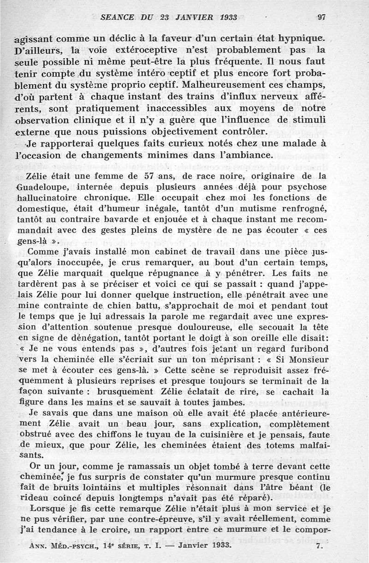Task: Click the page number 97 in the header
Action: click(321, 18)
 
